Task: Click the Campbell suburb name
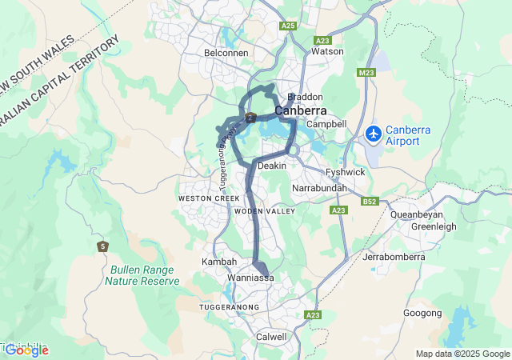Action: click(x=326, y=124)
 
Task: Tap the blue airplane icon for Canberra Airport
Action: click(x=372, y=134)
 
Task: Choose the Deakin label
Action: click(x=273, y=166)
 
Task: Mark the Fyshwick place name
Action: click(x=346, y=172)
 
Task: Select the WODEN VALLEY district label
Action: click(x=265, y=211)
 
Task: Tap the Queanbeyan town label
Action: click(x=417, y=214)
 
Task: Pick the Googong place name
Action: click(x=423, y=313)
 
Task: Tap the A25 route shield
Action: click(x=288, y=26)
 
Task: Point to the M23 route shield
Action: click(x=366, y=73)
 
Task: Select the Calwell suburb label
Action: click(x=271, y=337)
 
